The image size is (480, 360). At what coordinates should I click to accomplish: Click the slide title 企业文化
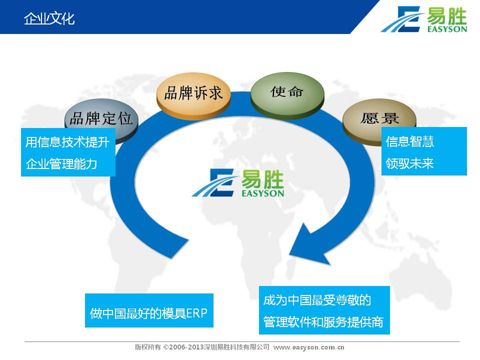(x=49, y=18)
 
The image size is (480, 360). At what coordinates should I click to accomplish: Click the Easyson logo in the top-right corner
(x=423, y=19)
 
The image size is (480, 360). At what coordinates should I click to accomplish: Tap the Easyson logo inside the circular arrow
(x=238, y=183)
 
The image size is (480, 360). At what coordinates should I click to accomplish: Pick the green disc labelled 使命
(x=287, y=94)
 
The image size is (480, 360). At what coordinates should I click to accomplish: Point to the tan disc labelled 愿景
(x=379, y=121)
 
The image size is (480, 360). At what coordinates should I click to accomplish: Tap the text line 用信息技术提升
(x=67, y=142)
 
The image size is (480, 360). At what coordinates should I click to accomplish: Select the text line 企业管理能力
(x=61, y=164)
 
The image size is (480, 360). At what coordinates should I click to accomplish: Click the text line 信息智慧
(x=409, y=141)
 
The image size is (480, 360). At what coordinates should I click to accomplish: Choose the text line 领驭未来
(x=409, y=163)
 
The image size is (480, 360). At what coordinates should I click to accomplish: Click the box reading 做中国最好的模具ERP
(x=149, y=310)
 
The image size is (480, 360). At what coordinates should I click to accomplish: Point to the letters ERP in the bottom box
(x=196, y=313)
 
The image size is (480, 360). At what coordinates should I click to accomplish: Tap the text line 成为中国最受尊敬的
(x=317, y=300)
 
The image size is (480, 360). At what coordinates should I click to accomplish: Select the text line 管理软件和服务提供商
(x=323, y=322)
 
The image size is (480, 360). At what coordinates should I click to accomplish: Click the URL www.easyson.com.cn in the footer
(x=308, y=347)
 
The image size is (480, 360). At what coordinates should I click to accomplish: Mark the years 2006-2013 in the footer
(x=186, y=347)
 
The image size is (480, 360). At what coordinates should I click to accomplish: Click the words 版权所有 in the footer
(x=148, y=347)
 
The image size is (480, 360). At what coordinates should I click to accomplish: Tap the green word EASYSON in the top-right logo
(x=447, y=29)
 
